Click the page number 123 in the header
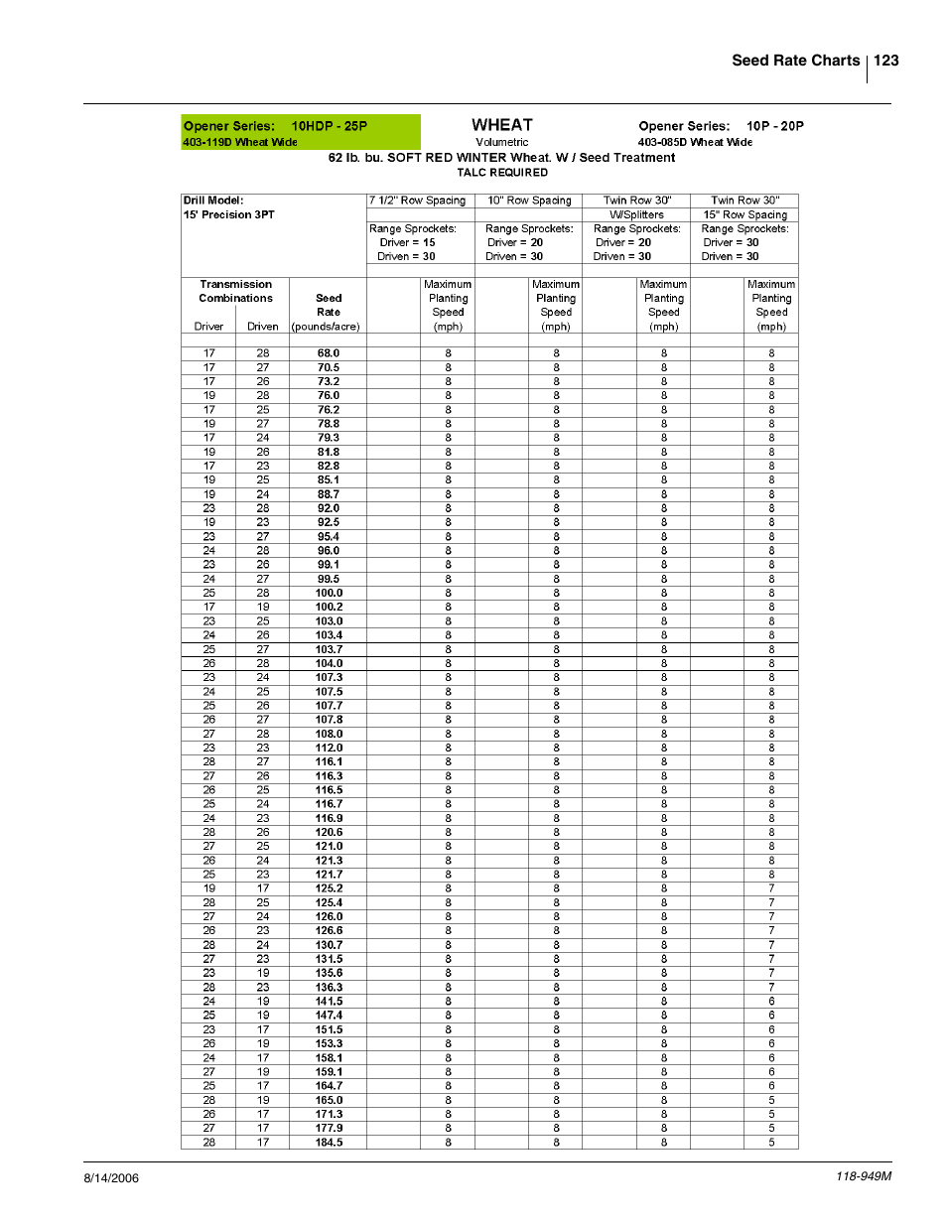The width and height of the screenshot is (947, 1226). tap(885, 61)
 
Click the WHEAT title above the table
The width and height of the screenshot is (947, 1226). tap(501, 125)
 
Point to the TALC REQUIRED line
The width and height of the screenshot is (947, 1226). tap(501, 173)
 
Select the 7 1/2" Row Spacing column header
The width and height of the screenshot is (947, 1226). tap(417, 201)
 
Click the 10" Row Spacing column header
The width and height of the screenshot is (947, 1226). tap(529, 201)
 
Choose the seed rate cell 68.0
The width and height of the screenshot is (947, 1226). tap(329, 353)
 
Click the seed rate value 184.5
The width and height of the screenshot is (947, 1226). tap(329, 1143)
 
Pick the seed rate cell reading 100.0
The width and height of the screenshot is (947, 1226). tap(329, 593)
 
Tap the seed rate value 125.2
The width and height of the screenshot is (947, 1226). tap(329, 888)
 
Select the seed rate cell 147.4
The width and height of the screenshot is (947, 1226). tap(329, 1016)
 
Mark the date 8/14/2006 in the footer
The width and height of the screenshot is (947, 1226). tap(111, 1178)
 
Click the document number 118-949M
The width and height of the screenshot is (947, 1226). tap(863, 1176)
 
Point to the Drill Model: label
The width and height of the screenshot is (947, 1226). tap(213, 201)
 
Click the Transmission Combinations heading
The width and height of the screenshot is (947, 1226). tap(235, 291)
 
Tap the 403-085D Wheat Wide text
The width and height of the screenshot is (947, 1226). tap(695, 142)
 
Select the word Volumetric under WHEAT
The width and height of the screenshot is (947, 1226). tap(501, 142)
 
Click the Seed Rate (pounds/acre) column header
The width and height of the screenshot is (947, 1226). tap(328, 312)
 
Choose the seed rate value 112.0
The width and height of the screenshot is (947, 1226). tap(329, 748)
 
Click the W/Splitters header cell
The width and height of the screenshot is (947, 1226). tap(636, 214)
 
